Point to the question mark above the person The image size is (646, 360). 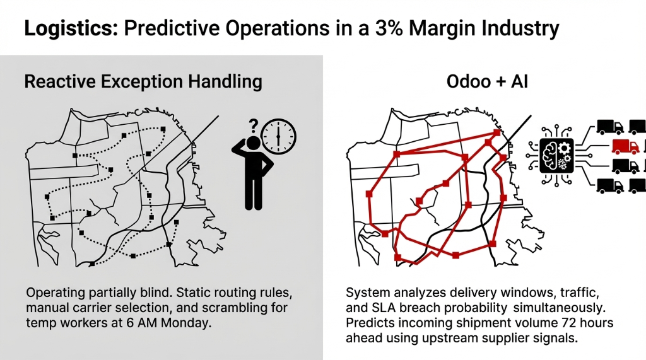tap(254, 124)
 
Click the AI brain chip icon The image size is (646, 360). tap(555, 155)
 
